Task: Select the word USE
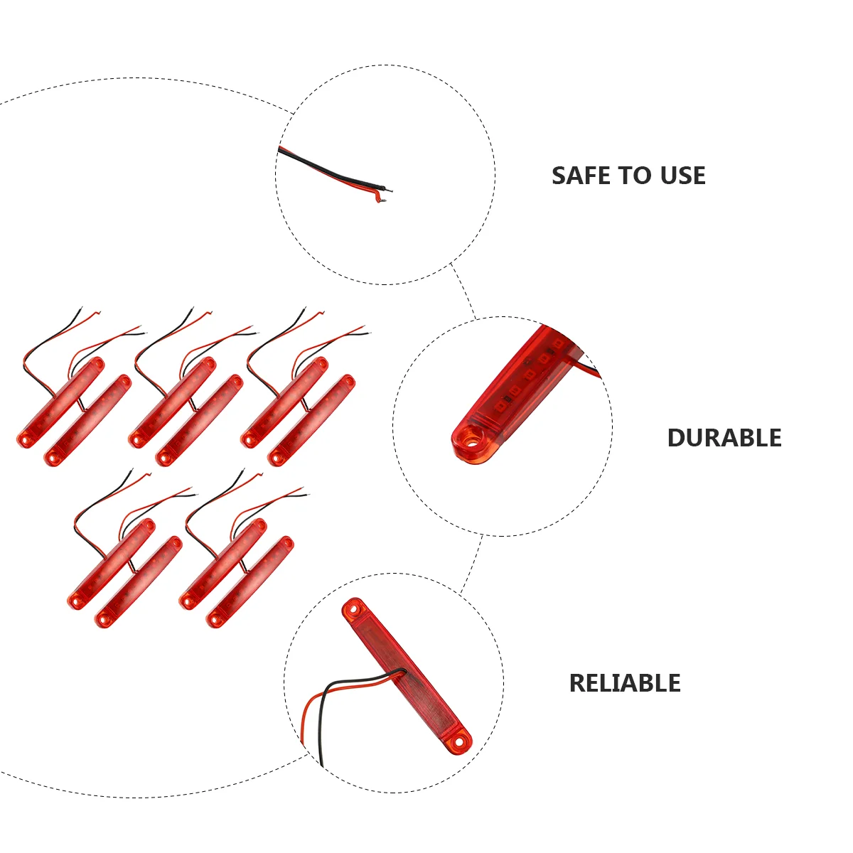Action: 682,176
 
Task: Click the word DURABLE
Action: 724,438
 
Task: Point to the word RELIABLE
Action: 625,683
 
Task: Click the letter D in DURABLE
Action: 677,438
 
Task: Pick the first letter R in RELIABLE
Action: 578,683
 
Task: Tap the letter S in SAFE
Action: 559,176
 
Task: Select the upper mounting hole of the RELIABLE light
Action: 353,609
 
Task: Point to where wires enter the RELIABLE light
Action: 404,671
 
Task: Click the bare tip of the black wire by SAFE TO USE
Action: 389,191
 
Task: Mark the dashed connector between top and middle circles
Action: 463,291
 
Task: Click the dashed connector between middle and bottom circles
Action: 471,564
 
